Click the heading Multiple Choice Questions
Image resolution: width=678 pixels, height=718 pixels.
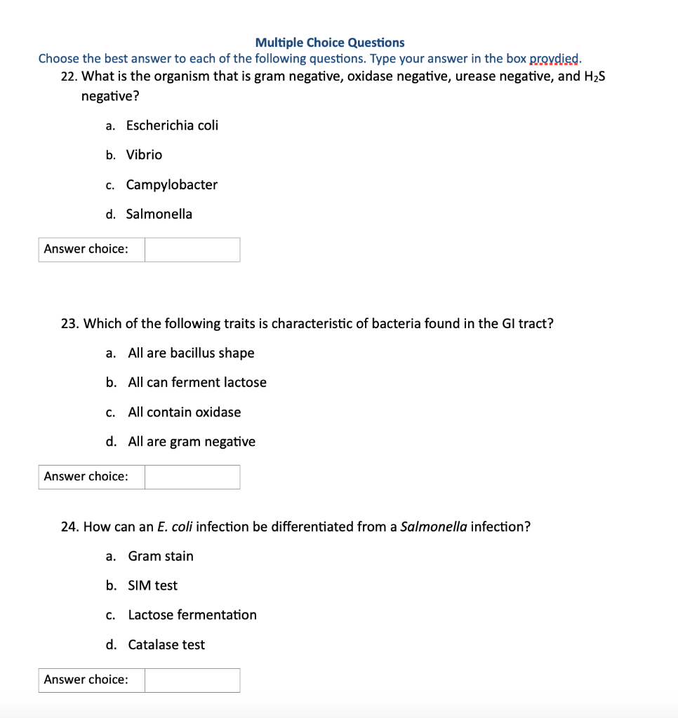pyautogui.click(x=330, y=43)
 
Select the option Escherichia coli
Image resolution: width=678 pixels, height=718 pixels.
pyautogui.click(x=172, y=126)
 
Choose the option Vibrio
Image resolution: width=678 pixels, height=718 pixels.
pyautogui.click(x=144, y=155)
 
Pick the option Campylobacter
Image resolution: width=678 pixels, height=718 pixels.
pyautogui.click(x=172, y=185)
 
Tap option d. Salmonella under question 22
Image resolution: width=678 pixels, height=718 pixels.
pyautogui.click(x=159, y=215)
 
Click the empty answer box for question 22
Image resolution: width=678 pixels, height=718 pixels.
pyautogui.click(x=192, y=250)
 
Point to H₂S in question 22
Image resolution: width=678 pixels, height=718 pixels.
pyautogui.click(x=594, y=76)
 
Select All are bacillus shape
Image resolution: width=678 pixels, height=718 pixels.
pyautogui.click(x=191, y=353)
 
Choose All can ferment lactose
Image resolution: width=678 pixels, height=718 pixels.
pyautogui.click(x=197, y=383)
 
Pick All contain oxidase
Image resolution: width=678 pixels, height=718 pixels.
pyautogui.click(x=184, y=412)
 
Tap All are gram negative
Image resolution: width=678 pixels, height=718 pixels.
pyautogui.click(x=192, y=442)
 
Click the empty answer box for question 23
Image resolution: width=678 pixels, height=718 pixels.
pyautogui.click(x=192, y=477)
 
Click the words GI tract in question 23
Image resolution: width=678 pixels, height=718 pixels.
pyautogui.click(x=519, y=323)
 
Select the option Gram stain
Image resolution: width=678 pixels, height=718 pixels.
pyautogui.click(x=161, y=556)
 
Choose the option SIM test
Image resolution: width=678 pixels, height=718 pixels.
pyautogui.click(x=153, y=585)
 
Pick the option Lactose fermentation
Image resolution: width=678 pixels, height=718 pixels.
pyautogui.click(x=192, y=615)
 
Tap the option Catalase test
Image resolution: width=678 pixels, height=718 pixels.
pyautogui.click(x=166, y=645)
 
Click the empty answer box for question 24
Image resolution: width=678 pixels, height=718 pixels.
pyautogui.click(x=192, y=680)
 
